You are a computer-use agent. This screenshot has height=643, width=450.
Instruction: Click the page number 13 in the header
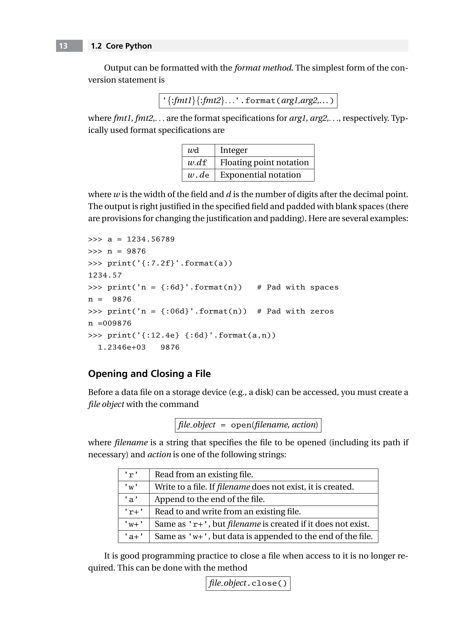(64, 46)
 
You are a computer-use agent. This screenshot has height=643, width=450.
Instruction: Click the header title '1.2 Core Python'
(121, 46)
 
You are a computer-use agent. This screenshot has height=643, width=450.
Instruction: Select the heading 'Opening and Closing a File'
(149, 374)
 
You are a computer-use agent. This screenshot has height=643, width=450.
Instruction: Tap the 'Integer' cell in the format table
(234, 150)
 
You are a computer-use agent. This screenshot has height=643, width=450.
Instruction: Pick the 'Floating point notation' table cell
(264, 163)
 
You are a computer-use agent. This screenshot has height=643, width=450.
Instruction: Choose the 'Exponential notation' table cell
(260, 175)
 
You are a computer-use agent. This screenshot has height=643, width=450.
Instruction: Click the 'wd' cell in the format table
(193, 150)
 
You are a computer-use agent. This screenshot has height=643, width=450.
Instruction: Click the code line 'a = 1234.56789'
(141, 239)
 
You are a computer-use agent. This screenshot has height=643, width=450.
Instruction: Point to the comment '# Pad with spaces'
(298, 287)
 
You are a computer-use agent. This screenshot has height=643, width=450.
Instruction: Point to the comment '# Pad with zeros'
(295, 311)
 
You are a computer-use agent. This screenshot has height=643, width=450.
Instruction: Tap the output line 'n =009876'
(109, 323)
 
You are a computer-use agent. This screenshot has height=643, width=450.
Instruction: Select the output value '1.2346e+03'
(122, 348)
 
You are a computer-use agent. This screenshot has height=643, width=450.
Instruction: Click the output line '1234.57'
(105, 275)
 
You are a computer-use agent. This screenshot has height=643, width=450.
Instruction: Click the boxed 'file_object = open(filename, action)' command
(248, 425)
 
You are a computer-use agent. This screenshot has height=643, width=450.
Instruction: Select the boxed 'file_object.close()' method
(248, 583)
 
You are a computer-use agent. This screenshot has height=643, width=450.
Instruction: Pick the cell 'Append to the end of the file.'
(209, 499)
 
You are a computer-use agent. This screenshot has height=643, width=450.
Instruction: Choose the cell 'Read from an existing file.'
(204, 475)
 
